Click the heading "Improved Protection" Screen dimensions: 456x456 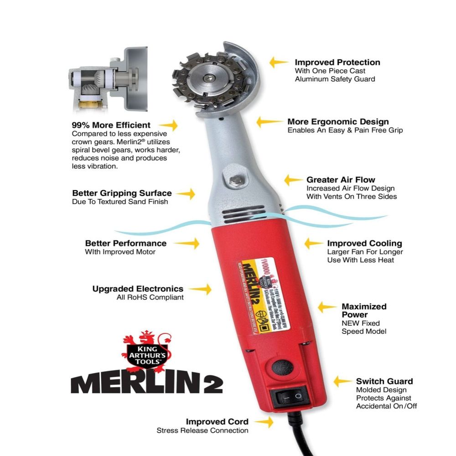pos(337,62)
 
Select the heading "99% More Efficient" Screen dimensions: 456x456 pos(111,124)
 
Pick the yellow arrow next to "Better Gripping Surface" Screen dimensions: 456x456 pos(186,194)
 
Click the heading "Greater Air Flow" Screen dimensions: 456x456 pos(341,180)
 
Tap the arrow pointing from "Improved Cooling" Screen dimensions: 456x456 pos(313,243)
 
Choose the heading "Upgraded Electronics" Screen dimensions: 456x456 pos(138,289)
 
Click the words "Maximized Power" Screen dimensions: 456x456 pos(364,311)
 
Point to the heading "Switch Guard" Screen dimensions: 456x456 pos(384,381)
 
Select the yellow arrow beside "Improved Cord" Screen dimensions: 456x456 pos(264,422)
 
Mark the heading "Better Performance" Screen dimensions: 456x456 pos(125,243)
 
